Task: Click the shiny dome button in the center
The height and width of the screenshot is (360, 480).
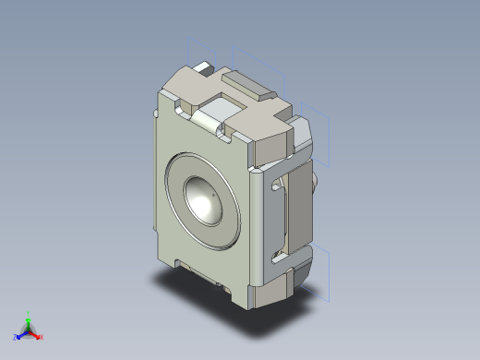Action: click(205, 199)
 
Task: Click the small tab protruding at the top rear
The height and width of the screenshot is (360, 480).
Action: click(203, 67)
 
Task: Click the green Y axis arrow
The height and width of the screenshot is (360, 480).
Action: click(29, 318)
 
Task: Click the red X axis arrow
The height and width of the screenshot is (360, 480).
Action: click(37, 335)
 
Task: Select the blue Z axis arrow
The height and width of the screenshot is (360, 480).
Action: click(20, 334)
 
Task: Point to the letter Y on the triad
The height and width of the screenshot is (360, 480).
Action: click(29, 312)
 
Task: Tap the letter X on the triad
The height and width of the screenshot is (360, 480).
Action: click(42, 337)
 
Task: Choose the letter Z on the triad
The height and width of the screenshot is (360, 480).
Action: click(16, 337)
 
